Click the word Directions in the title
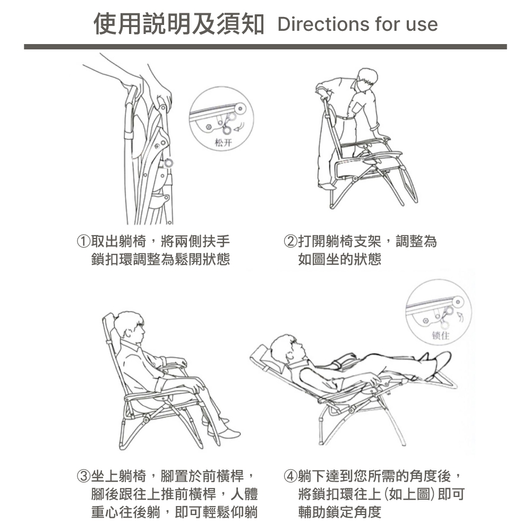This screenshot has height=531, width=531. click(322, 24)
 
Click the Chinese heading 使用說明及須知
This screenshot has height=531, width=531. click(178, 23)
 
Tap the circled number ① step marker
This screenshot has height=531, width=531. click(83, 242)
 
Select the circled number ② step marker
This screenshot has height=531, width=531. click(290, 242)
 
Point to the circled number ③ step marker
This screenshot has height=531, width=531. click(83, 476)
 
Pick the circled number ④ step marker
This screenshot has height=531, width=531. click(290, 476)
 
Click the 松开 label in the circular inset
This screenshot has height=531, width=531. click(223, 142)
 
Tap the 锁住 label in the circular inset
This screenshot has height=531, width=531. click(441, 335)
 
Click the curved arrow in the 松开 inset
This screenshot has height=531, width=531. click(239, 127)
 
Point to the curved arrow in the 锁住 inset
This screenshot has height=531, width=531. click(459, 317)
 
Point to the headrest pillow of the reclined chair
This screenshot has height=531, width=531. click(261, 354)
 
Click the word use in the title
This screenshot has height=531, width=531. click(422, 25)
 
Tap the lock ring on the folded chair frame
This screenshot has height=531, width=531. click(168, 163)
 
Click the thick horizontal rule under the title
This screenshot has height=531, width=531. click(265, 47)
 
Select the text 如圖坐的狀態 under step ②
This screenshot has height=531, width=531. click(340, 260)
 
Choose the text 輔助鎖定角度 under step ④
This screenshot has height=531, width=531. click(340, 512)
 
